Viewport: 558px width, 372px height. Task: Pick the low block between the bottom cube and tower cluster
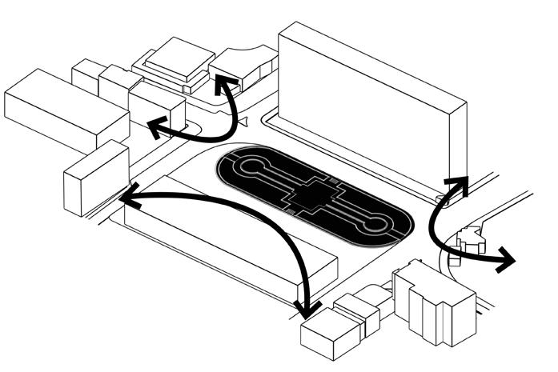pyautogui.click(x=358, y=312)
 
